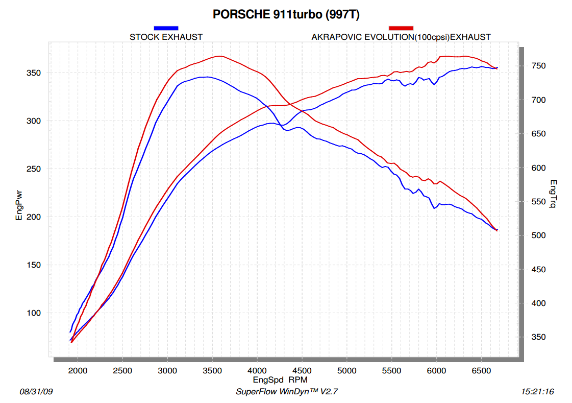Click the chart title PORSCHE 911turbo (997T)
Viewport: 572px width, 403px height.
tap(286, 15)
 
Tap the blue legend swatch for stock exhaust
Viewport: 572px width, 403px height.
tap(166, 28)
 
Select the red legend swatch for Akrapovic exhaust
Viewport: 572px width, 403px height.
tap(401, 28)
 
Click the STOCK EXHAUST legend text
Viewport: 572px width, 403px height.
tap(166, 37)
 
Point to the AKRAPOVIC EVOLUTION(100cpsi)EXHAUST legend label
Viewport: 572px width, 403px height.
tap(401, 37)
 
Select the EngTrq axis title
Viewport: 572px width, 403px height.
tap(553, 194)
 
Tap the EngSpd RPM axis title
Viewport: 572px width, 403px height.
tap(280, 380)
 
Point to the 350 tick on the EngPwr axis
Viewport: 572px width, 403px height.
tap(34, 73)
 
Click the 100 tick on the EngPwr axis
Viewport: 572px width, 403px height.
tap(34, 313)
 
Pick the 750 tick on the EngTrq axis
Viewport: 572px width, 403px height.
tap(537, 66)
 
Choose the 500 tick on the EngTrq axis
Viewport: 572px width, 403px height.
tap(537, 235)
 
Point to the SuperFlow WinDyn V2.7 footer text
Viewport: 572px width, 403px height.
tap(287, 392)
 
